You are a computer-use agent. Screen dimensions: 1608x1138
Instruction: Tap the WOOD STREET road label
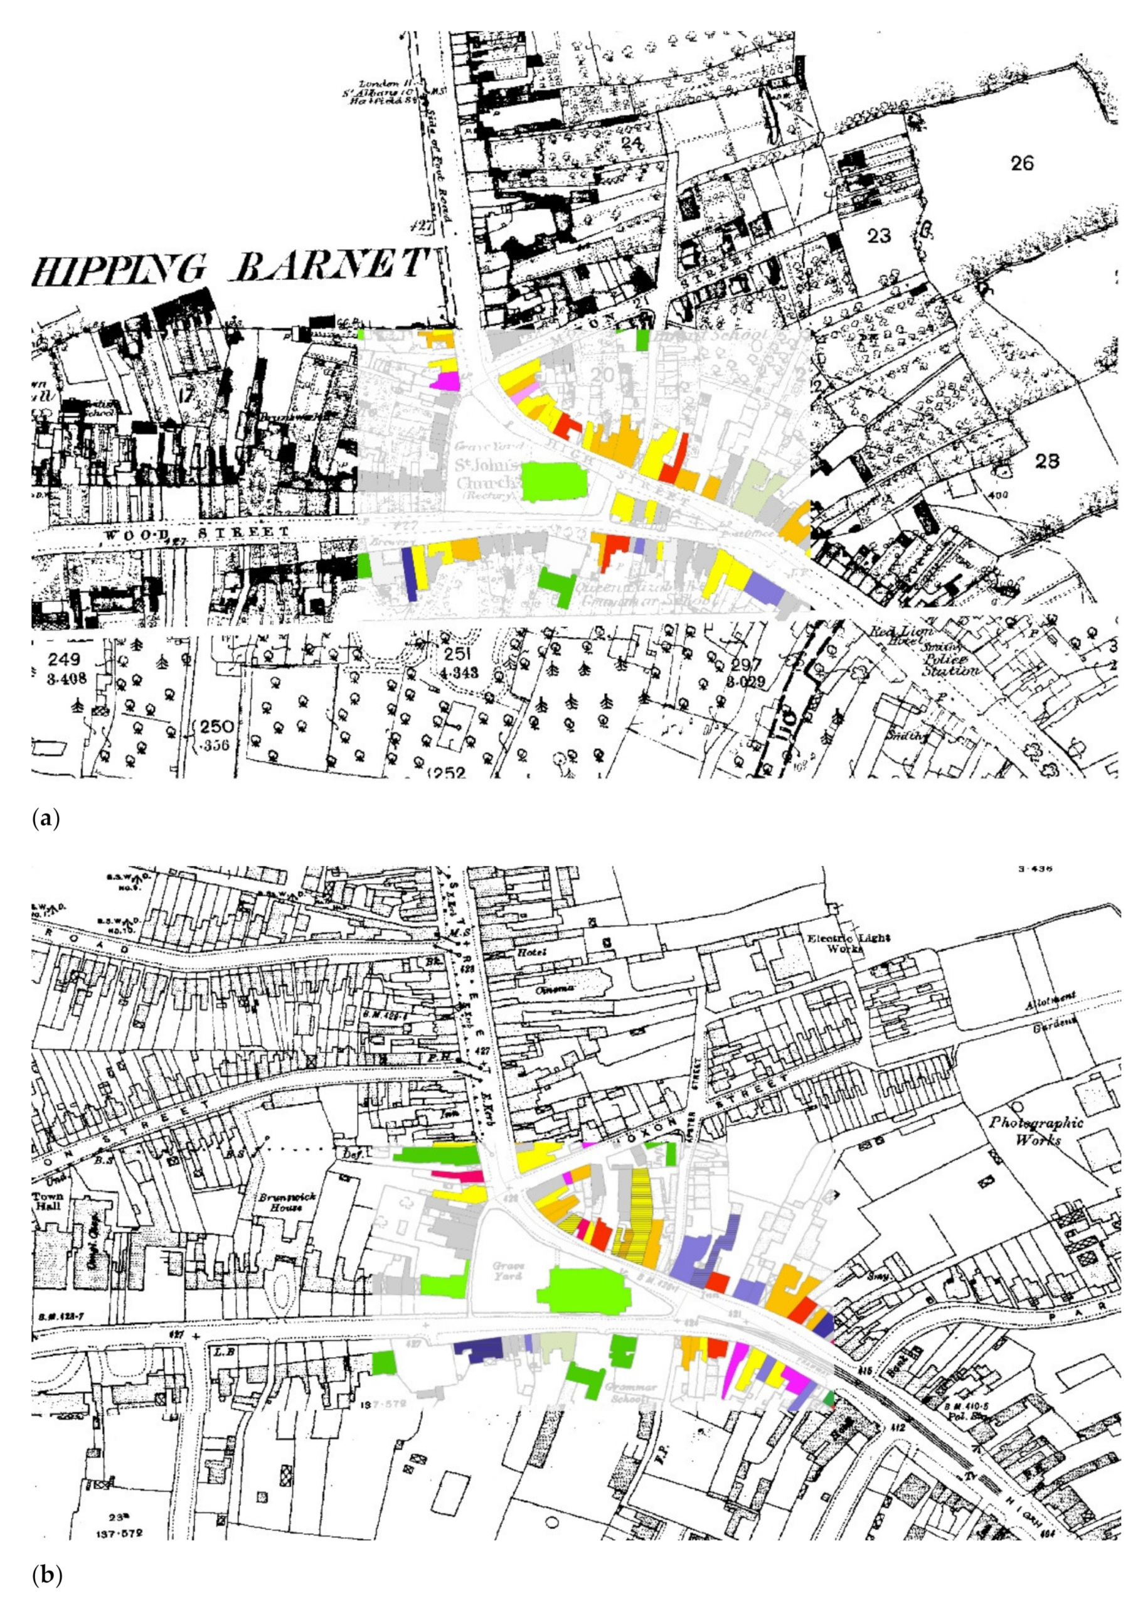[x=196, y=534]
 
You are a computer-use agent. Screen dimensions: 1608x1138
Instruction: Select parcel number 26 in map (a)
[x=1022, y=163]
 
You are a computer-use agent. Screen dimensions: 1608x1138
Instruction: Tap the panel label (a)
[x=46, y=818]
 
